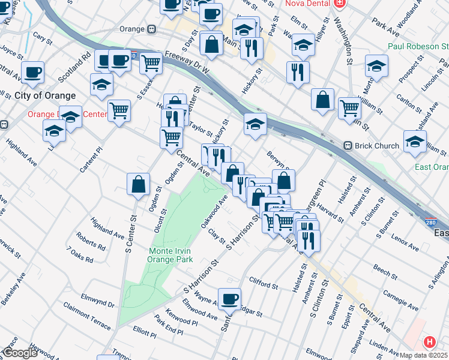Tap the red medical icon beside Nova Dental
coord(340,3)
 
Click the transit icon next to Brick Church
coord(346,146)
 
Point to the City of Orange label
coord(45,95)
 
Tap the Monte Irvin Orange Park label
coord(171,255)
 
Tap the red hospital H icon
coord(429,343)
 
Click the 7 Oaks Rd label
coord(80,256)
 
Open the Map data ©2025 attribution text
coord(424,355)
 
